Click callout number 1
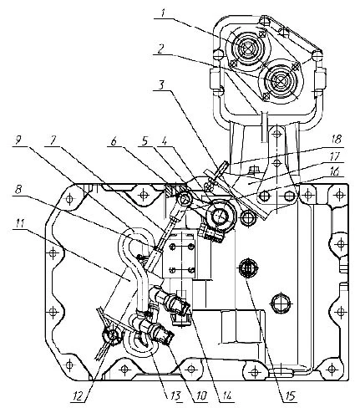pos(164,13)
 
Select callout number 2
pos(160,48)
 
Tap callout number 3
pos(162,85)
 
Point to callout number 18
pos(337,139)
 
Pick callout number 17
pos(337,156)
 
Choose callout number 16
pos(337,171)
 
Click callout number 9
pos(19,141)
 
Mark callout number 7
pos(53,140)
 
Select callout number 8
pos(18,190)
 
